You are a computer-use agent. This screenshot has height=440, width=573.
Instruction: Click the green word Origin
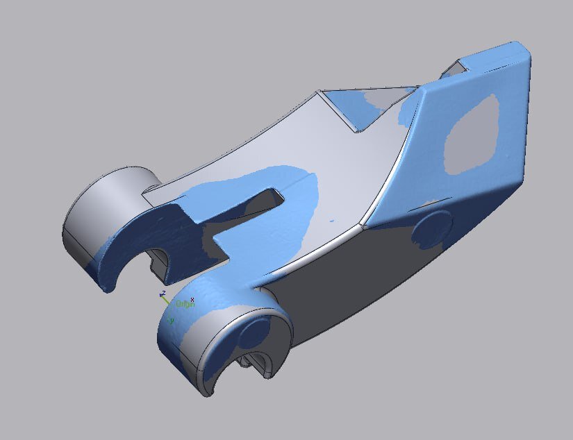pyautogui.click(x=183, y=304)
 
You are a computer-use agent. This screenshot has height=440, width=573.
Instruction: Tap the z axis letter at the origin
pyautogui.click(x=163, y=294)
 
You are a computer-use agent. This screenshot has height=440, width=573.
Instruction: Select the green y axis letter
pyautogui.click(x=172, y=321)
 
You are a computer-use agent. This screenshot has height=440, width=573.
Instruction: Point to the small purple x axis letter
pyautogui.click(x=192, y=300)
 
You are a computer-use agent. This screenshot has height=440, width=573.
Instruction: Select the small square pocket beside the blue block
pyautogui.click(x=456, y=68)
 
